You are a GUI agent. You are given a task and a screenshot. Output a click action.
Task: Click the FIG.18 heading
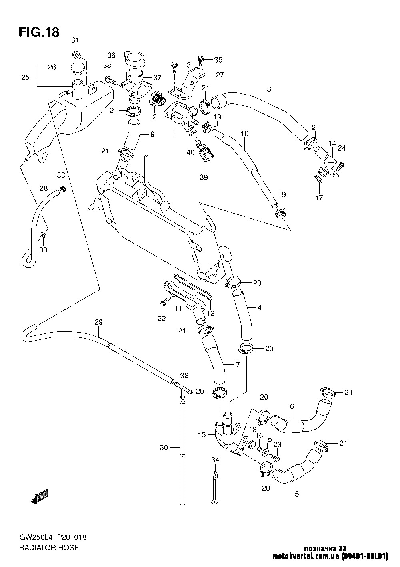[x=39, y=32]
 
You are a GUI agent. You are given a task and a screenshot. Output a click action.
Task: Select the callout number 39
[x=204, y=177]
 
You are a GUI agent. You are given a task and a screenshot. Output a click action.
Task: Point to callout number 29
[x=99, y=322]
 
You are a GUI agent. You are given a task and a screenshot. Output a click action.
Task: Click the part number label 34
[x=215, y=460]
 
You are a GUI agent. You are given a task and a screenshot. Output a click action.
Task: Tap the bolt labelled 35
[x=201, y=60]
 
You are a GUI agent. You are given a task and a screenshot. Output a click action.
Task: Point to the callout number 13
[x=202, y=434]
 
